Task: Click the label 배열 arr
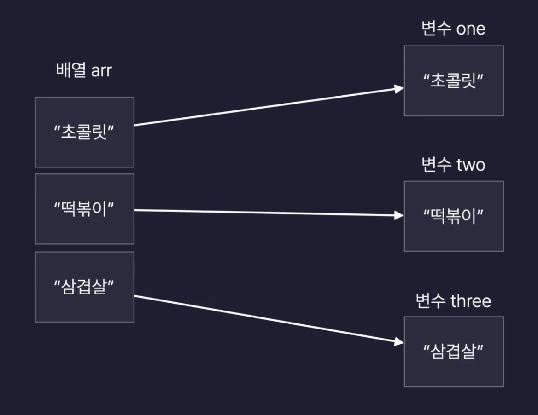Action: [84, 71]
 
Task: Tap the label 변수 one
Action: [453, 29]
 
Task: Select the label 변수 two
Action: [453, 164]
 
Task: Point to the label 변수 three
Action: [453, 301]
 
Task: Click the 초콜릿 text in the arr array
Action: [84, 133]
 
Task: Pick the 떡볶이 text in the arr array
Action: [84, 209]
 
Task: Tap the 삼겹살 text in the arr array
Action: [84, 287]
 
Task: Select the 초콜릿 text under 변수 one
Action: [454, 81]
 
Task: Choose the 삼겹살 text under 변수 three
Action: [454, 352]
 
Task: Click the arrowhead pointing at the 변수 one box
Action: [399, 89]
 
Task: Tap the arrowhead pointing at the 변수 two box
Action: [399, 215]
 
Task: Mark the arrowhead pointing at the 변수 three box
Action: [399, 342]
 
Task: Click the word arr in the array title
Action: [101, 71]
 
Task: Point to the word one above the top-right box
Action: [470, 29]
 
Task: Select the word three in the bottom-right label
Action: [471, 301]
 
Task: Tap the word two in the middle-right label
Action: [470, 165]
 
